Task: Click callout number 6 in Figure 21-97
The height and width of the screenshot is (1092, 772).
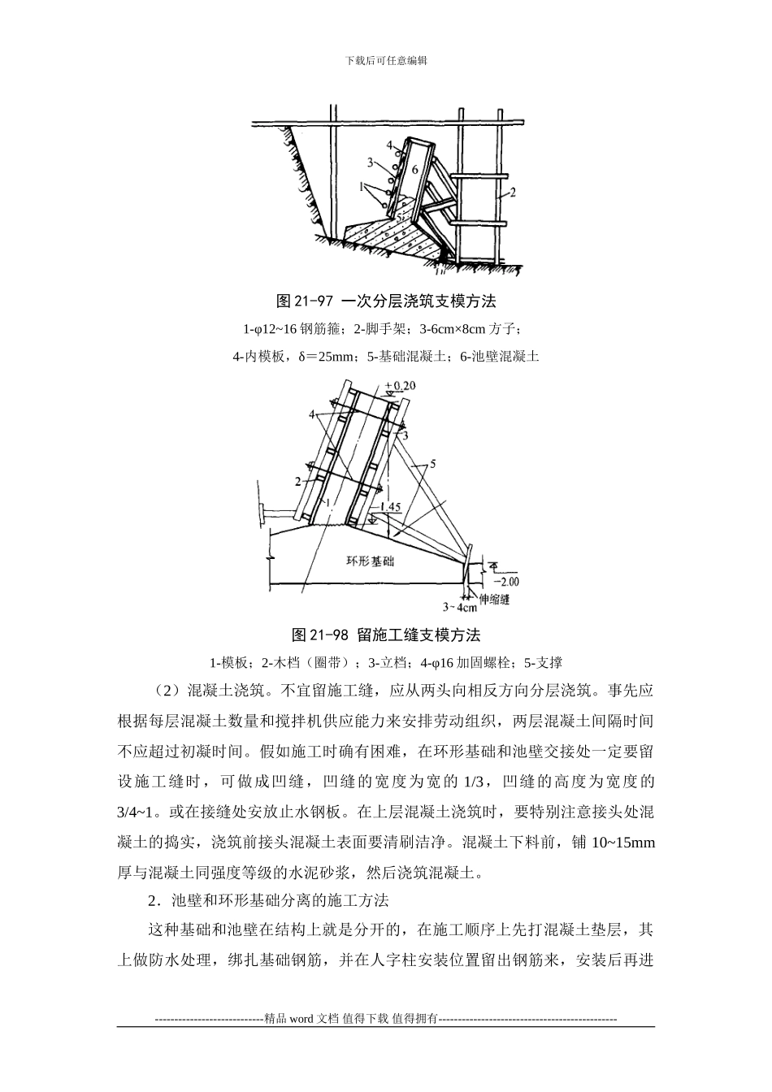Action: tap(414, 170)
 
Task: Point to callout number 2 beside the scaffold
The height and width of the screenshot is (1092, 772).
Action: tap(514, 193)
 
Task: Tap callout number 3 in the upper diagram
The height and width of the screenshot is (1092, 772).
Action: tap(371, 162)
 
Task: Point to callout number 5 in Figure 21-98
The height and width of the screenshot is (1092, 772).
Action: tap(433, 464)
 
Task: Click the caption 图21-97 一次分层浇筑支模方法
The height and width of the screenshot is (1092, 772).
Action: tap(386, 301)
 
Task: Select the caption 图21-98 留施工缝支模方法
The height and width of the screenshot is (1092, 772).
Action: tap(386, 634)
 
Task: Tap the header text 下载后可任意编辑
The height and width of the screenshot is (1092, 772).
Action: tap(386, 60)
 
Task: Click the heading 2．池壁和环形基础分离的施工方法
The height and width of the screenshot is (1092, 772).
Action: tap(269, 900)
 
